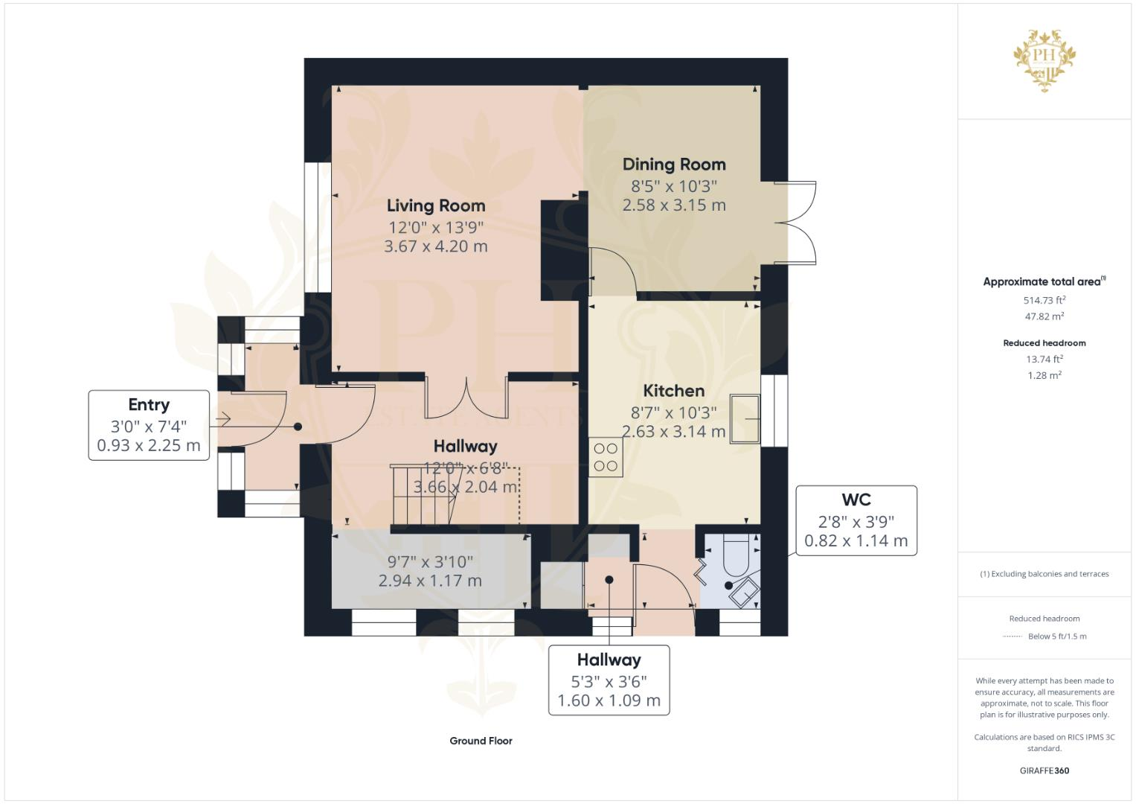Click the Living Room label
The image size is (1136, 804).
(436, 205)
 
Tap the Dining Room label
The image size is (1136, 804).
(674, 165)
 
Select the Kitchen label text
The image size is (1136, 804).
(673, 391)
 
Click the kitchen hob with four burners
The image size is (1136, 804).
(606, 457)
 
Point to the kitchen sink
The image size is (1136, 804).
(745, 419)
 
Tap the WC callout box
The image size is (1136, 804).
(856, 520)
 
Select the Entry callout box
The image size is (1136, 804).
(149, 425)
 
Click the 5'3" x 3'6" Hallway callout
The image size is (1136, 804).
(609, 680)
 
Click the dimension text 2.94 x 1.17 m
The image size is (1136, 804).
(430, 581)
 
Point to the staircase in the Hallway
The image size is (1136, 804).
(422, 496)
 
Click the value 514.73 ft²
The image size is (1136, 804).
(1044, 301)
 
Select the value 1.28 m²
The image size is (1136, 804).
(1044, 375)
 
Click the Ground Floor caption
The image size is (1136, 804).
(481, 741)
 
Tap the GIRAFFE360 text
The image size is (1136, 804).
(1044, 770)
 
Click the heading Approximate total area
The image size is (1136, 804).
(1042, 281)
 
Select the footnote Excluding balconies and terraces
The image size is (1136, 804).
(1044, 574)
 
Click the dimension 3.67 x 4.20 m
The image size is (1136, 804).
(436, 246)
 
